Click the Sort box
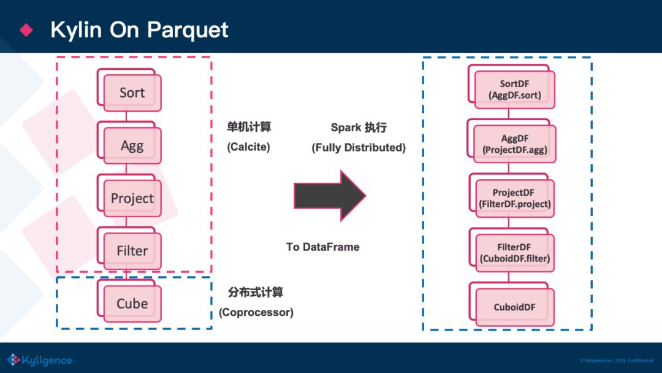coord(132,93)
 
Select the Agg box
coord(132,146)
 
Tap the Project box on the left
coord(132,199)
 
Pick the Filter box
coord(132,251)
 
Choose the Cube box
coord(132,304)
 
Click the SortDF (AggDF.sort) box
coord(514,90)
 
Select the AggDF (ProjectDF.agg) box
coord(514,144)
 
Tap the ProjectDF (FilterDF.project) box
coord(514,198)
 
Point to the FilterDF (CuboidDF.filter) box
coord(514,253)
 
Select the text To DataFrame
coord(322,247)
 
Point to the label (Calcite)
coord(248,147)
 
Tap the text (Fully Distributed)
coord(359,148)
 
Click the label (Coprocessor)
coord(256,312)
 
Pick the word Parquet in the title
coord(189,29)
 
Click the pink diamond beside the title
coord(26,29)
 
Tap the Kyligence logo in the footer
coord(39,360)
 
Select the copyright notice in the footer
coord(617,360)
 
